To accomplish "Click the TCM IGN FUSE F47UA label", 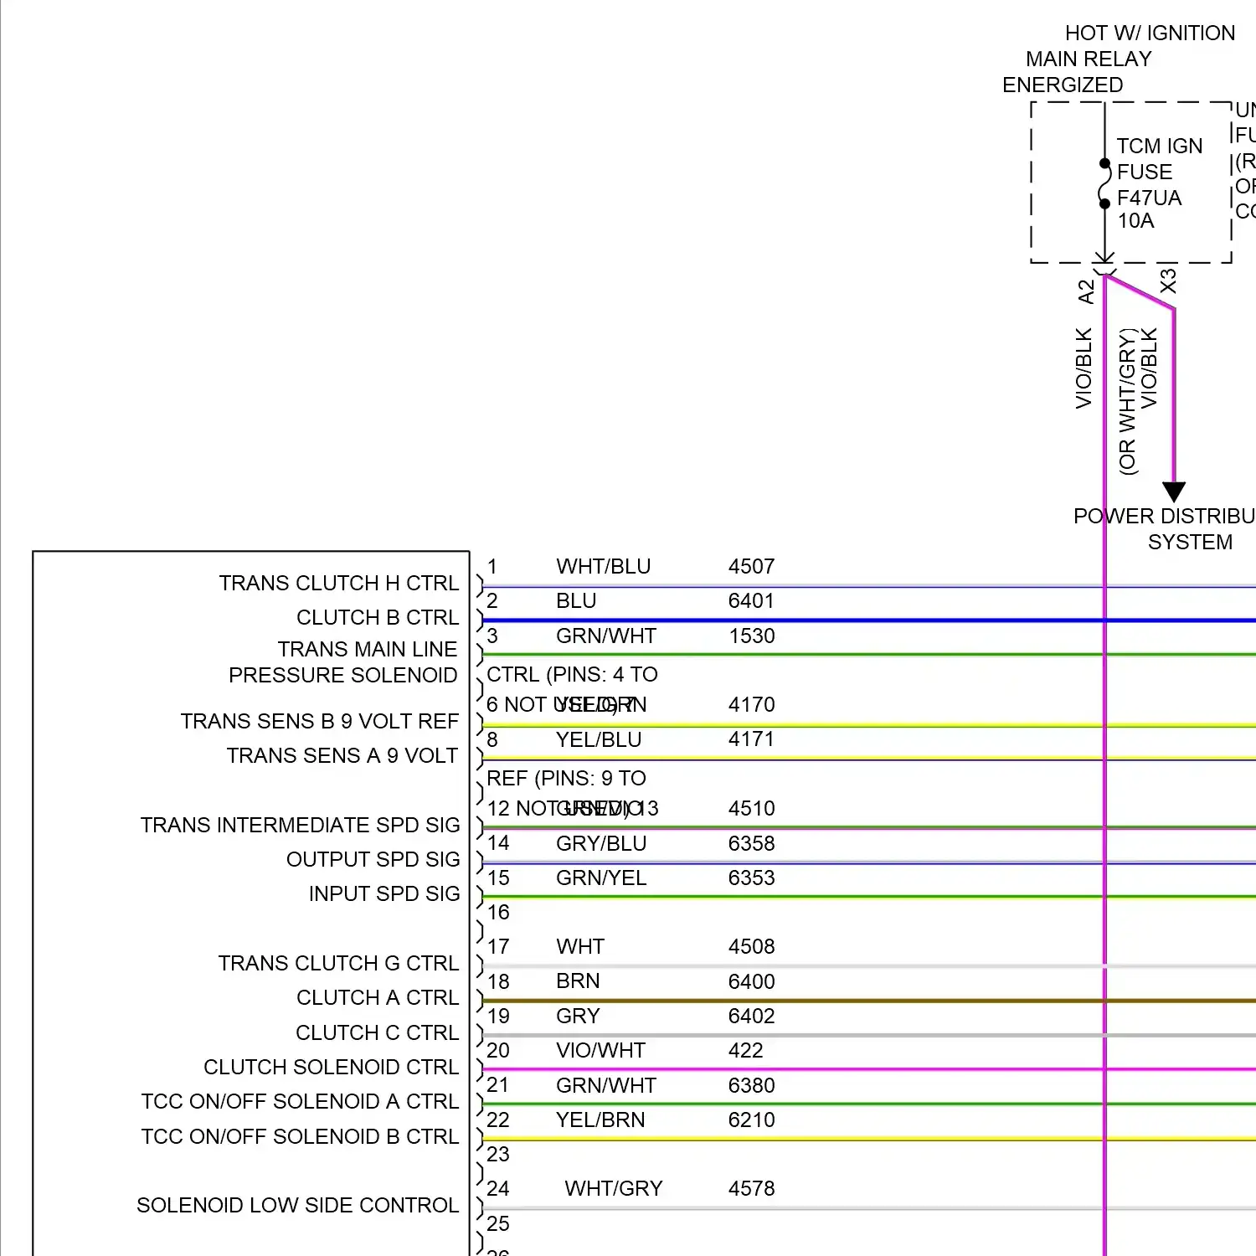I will [1159, 183].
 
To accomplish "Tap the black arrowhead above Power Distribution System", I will [1174, 492].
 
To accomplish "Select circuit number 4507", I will [751, 567].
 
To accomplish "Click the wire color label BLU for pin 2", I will [576, 601].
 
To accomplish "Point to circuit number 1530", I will [751, 636].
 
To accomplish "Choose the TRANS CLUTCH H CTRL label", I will [339, 584].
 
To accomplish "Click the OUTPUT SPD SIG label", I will [373, 860].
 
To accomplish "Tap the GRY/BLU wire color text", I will [601, 844].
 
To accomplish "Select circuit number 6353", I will [751, 878].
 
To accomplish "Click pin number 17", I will [498, 947].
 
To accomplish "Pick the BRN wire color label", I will [578, 981].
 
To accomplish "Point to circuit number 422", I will [745, 1051].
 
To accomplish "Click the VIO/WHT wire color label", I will [600, 1051].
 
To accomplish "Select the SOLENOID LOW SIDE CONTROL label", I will [297, 1206].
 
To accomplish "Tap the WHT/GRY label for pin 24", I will [614, 1189].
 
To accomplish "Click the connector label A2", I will [1086, 291].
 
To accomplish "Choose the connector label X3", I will [1168, 281].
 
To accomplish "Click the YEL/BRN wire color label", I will [600, 1120].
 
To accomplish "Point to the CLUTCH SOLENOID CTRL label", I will [331, 1068].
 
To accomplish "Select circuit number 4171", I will [751, 739].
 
